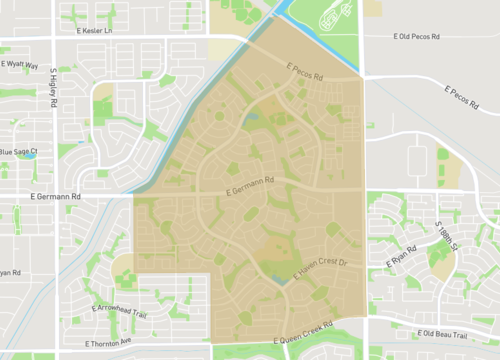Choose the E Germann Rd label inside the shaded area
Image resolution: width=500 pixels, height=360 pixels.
(249, 183)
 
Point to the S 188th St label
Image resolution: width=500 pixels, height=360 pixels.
(444, 236)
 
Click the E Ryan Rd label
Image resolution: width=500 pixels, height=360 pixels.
(401, 255)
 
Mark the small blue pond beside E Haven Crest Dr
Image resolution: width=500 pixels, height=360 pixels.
(285, 283)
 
